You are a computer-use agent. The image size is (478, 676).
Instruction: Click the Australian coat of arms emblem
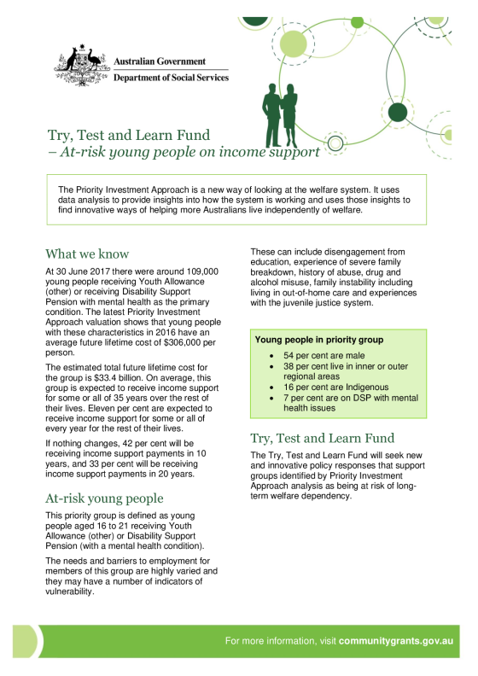pyautogui.click(x=80, y=66)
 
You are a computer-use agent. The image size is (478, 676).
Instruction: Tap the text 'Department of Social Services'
pyautogui.click(x=171, y=78)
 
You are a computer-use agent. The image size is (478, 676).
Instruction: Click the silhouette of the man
pyautogui.click(x=271, y=115)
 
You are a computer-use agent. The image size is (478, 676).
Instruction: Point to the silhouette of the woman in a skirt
pyautogui.click(x=289, y=115)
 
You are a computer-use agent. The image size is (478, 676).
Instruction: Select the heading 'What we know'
pyautogui.click(x=87, y=253)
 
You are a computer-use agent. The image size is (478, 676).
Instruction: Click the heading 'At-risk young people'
pyautogui.click(x=104, y=498)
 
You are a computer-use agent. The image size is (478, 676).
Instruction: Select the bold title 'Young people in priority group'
pyautogui.click(x=319, y=340)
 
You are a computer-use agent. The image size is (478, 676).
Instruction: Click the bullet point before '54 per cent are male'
pyautogui.click(x=271, y=356)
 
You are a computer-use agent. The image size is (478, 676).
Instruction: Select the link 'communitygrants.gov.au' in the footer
pyautogui.click(x=396, y=641)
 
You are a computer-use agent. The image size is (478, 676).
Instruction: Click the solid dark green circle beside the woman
pyautogui.click(x=398, y=113)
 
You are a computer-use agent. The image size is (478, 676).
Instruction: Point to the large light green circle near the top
pyautogui.click(x=293, y=44)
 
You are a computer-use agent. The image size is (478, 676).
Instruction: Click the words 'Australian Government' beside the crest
pyautogui.click(x=160, y=61)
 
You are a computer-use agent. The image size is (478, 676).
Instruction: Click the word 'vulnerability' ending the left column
pyautogui.click(x=69, y=591)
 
